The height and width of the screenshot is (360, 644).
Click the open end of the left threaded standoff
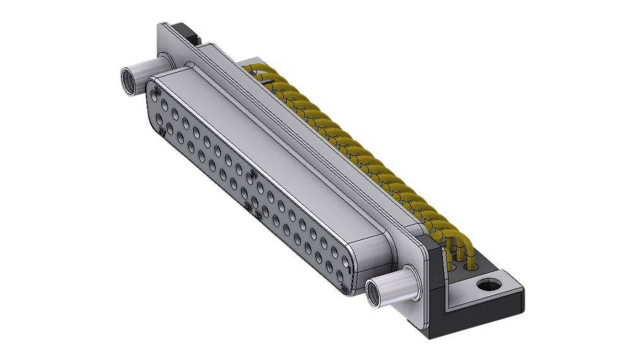point(128,80)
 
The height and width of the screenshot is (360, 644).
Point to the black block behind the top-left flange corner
point(185,31)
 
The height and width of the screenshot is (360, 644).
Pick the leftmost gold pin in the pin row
point(253,68)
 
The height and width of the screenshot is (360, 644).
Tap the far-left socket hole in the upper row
point(155,92)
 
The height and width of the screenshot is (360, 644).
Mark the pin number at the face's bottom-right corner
point(345,289)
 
